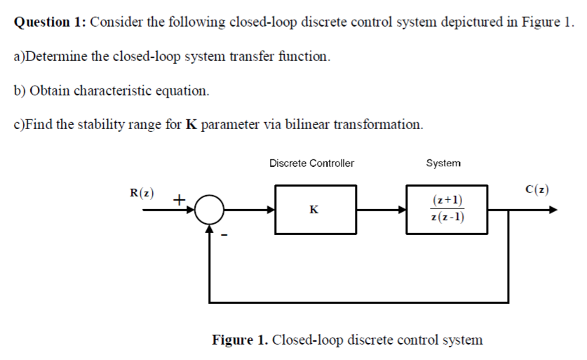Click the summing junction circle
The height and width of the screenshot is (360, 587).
point(208,209)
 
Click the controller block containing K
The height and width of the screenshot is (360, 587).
point(316,209)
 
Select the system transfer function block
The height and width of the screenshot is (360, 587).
point(447,209)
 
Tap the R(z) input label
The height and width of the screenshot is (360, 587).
point(142,192)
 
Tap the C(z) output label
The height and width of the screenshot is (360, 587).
point(537,189)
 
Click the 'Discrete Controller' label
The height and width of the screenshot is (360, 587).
point(311,163)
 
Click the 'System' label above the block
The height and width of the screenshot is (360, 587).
point(443,163)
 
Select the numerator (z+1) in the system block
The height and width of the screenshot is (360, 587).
point(447,200)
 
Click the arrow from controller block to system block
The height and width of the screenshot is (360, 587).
point(382,209)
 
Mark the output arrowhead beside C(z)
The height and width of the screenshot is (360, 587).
point(553,209)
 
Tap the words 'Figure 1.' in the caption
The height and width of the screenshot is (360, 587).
point(240,340)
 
